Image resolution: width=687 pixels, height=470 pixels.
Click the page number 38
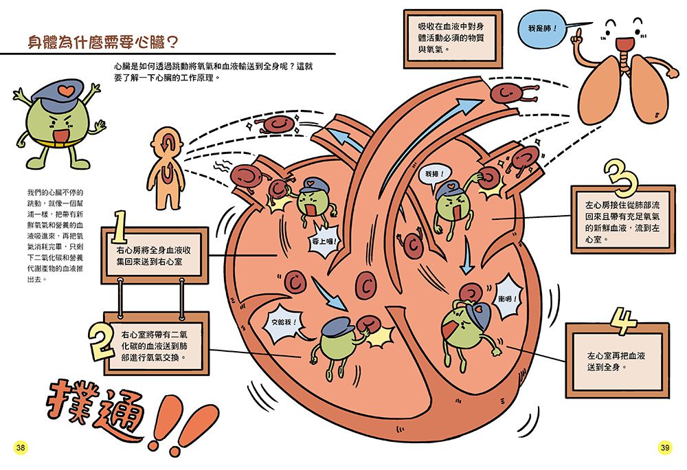21,448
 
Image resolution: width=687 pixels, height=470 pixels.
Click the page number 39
664,448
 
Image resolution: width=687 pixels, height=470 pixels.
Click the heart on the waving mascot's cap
62,89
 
